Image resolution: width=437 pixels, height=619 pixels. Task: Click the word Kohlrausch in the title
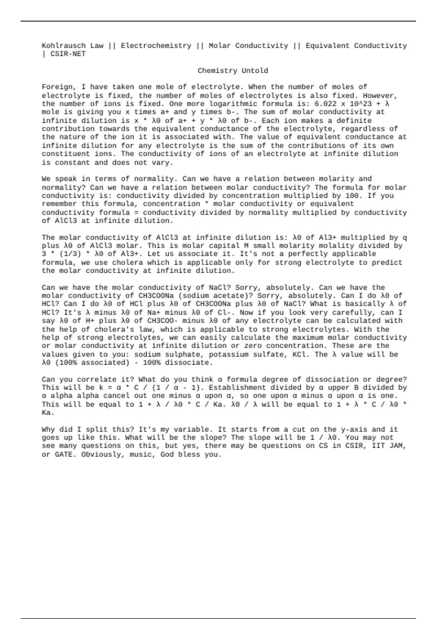pyautogui.click(x=64, y=46)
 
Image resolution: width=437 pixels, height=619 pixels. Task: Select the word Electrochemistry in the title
pyautogui.click(x=156, y=46)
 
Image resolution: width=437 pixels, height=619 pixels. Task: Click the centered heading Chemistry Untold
pyautogui.click(x=233, y=71)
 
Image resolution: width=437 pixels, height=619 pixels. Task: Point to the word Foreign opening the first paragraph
pyautogui.click(x=57, y=87)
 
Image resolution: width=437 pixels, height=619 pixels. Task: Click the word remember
pyautogui.click(x=59, y=204)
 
